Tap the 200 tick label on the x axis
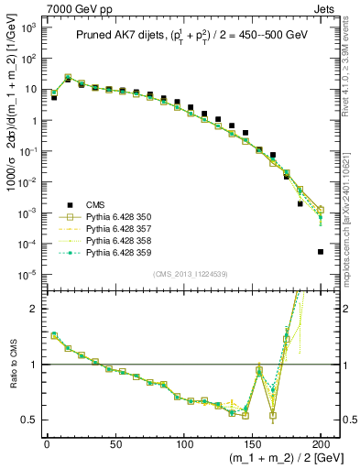(x=321, y=443)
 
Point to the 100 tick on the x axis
(x=184, y=443)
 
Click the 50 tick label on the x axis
(x=115, y=443)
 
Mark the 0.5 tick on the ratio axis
(x=30, y=420)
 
